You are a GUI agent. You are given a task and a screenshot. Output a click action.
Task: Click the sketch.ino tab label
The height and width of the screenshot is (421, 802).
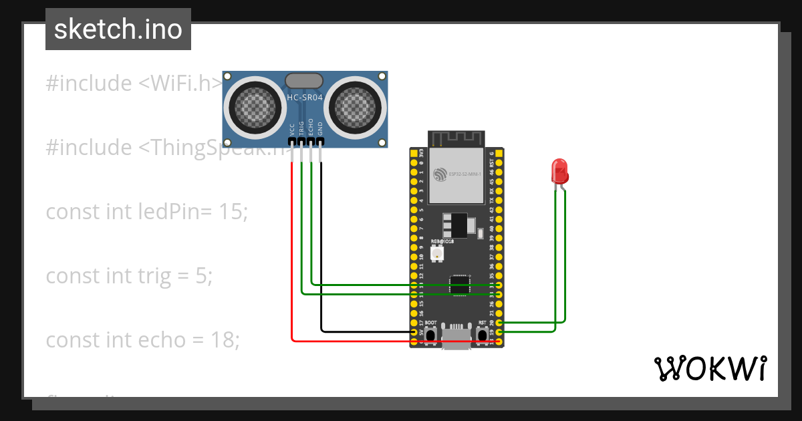pyautogui.click(x=118, y=29)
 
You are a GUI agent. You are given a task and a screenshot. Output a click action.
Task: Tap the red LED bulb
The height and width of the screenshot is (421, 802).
pyautogui.click(x=559, y=171)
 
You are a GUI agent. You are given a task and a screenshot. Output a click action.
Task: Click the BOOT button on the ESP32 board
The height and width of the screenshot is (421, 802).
pyautogui.click(x=431, y=333)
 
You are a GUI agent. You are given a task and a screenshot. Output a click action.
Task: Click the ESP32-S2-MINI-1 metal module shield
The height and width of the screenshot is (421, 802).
pyautogui.click(x=456, y=175)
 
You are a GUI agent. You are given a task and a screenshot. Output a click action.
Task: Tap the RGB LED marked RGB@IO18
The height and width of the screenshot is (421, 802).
pyautogui.click(x=437, y=253)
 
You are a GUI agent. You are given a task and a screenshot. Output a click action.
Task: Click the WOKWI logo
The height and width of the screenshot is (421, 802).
pyautogui.click(x=709, y=368)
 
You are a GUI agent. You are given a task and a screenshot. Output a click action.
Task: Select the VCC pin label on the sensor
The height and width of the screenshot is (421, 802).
pyautogui.click(x=292, y=129)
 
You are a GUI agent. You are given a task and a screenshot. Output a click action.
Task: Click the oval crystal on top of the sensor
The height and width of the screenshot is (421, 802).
pyautogui.click(x=305, y=82)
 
